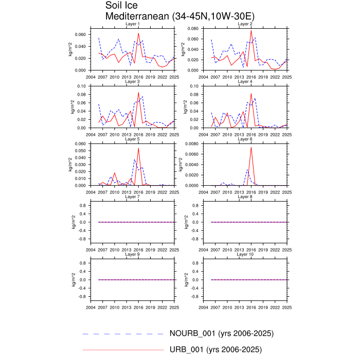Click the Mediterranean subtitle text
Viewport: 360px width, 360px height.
[x=179, y=16]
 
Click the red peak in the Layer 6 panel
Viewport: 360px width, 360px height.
[x=251, y=147]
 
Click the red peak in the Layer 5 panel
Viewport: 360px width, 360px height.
[x=138, y=148]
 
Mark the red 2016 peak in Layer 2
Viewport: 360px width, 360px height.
[x=251, y=30]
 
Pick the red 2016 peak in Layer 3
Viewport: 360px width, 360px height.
[x=138, y=93]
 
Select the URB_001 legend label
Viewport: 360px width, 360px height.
[x=215, y=350]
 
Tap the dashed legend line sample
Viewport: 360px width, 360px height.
[x=123, y=334]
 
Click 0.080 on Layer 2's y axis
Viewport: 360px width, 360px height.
[x=192, y=29]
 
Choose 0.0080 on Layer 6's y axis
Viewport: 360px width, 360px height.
[x=191, y=144]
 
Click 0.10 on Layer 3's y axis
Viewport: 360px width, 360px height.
[x=81, y=86]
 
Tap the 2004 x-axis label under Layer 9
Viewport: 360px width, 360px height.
[x=90, y=307]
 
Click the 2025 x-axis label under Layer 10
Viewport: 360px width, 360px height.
[x=287, y=307]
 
